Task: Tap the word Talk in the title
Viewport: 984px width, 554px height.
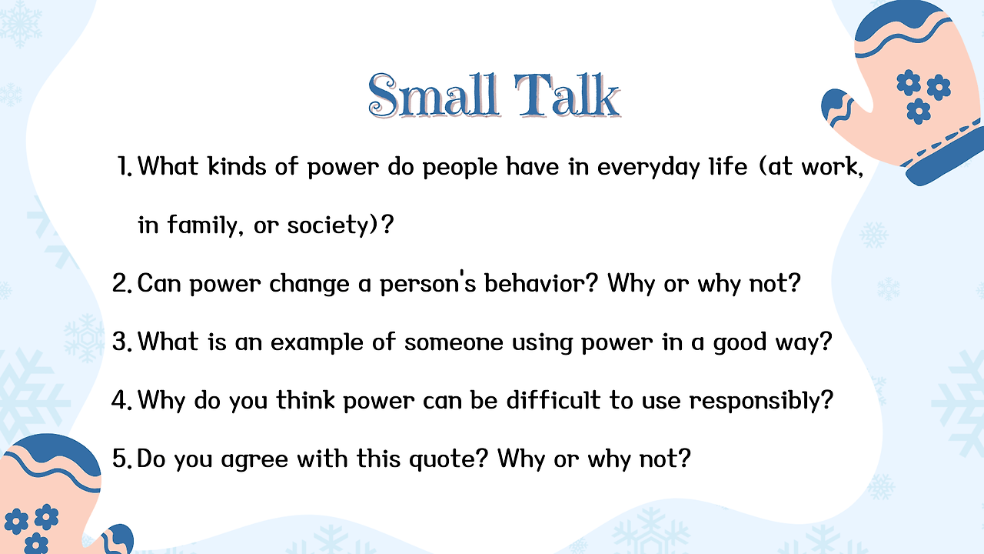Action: pyautogui.click(x=567, y=95)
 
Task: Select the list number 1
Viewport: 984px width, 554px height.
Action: pyautogui.click(x=125, y=167)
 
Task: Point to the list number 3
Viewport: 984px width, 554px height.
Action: pyautogui.click(x=122, y=342)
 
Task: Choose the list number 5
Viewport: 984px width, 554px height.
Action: pyautogui.click(x=122, y=458)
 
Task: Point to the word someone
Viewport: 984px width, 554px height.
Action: pyautogui.click(x=454, y=342)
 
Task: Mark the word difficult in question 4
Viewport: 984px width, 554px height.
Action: pyautogui.click(x=553, y=399)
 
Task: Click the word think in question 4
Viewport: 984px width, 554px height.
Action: pyautogui.click(x=305, y=399)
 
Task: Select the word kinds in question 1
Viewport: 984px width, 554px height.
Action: pyautogui.click(x=237, y=166)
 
